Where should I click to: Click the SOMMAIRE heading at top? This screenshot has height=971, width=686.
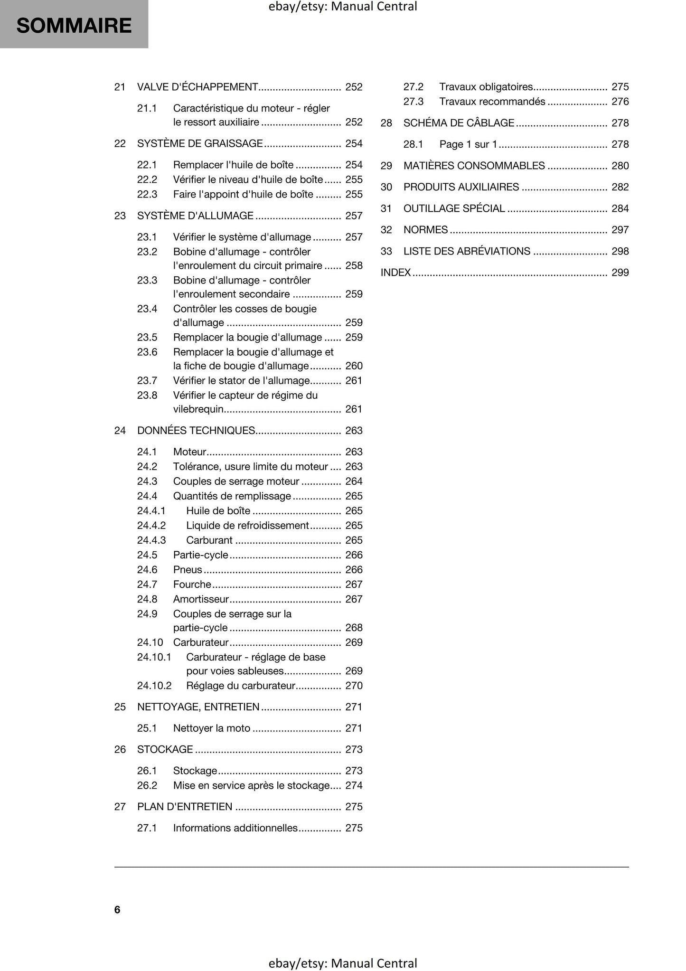click(x=74, y=26)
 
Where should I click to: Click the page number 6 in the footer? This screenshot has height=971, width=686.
click(x=117, y=909)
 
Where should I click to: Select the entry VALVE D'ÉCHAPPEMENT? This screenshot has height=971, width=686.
click(x=197, y=87)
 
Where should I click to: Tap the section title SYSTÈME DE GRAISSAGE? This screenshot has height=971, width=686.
click(x=200, y=143)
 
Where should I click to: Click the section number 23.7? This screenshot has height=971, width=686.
click(x=147, y=380)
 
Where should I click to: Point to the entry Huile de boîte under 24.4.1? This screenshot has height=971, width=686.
click(x=218, y=511)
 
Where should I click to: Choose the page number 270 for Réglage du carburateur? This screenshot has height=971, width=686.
click(x=354, y=686)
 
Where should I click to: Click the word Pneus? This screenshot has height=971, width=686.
click(x=188, y=570)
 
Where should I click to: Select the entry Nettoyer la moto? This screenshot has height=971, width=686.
click(x=212, y=728)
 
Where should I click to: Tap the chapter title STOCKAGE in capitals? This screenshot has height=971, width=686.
click(x=165, y=750)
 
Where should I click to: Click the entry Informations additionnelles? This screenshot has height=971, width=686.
click(x=235, y=828)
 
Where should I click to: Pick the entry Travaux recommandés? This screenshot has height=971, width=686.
click(x=492, y=102)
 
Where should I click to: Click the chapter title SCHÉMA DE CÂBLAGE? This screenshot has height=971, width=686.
click(x=459, y=123)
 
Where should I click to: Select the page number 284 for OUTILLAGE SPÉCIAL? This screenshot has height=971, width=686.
click(x=620, y=208)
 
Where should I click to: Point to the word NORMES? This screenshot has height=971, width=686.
click(x=425, y=230)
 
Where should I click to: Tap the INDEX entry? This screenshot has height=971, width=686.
click(x=395, y=273)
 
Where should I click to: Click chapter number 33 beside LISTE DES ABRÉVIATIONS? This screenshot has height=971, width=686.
click(x=386, y=251)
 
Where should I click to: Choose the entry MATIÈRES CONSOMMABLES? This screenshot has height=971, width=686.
click(x=474, y=166)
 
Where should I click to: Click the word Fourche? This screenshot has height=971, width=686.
click(x=192, y=584)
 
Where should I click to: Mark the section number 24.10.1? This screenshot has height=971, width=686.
click(x=154, y=657)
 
